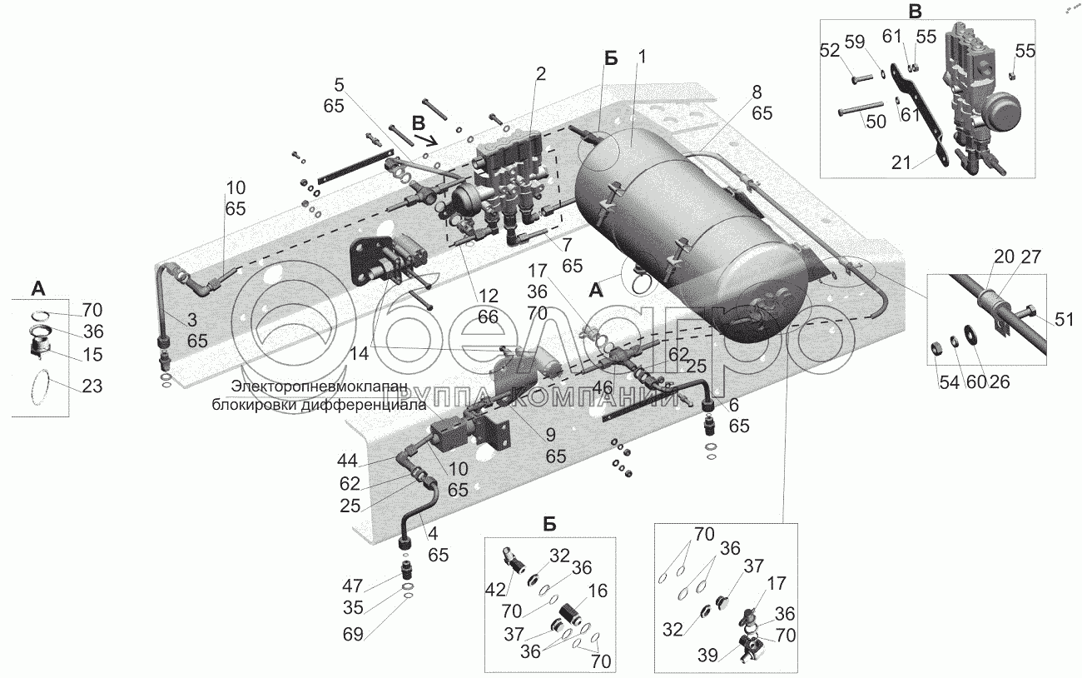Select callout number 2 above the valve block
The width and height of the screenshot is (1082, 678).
point(540,74)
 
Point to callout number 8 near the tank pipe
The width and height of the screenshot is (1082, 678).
point(755,92)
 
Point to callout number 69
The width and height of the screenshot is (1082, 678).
point(353,635)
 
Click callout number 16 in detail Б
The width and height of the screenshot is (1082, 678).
point(598,592)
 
